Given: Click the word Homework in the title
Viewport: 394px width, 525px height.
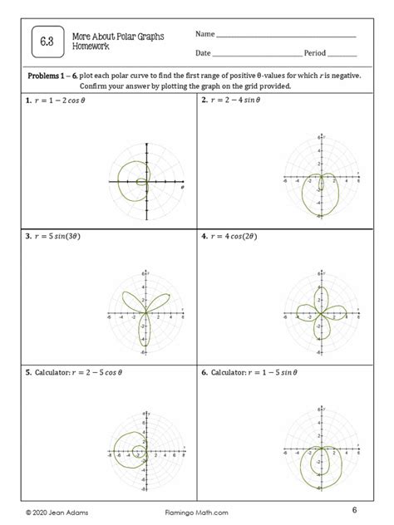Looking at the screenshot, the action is pos(91,46).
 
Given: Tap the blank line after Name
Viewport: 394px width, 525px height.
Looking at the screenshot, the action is pos(286,37).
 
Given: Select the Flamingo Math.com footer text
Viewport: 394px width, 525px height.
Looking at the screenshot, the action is pos(197,511).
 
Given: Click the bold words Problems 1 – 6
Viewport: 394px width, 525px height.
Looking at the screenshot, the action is pos(57,76).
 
